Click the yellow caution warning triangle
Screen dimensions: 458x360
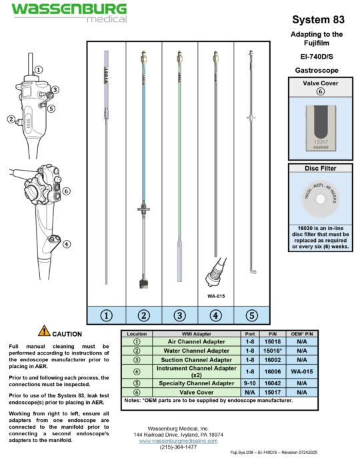tap(43, 330)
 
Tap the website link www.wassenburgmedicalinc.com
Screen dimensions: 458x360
tap(180, 441)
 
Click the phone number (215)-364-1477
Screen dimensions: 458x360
tap(180, 447)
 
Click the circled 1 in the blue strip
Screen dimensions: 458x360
tap(106, 316)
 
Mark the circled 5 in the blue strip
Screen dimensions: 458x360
tap(251, 316)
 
